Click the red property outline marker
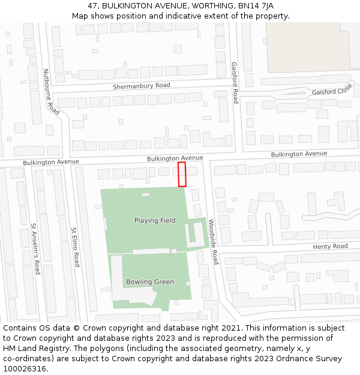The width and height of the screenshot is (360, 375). click(182, 174)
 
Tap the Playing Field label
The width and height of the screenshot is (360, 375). click(155, 221)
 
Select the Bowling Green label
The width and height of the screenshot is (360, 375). click(150, 282)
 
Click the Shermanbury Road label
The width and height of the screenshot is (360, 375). click(142, 86)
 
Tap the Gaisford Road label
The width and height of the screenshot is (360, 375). click(235, 83)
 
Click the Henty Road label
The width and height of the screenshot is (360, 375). click(330, 247)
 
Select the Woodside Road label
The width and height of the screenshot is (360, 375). click(213, 241)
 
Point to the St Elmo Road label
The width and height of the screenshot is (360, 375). click(76, 247)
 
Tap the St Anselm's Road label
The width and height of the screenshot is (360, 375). click(36, 249)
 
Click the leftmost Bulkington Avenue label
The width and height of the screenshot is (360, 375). click(51, 162)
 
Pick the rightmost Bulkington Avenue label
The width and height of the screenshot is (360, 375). click(299, 154)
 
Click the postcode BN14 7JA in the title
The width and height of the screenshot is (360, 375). click(254, 5)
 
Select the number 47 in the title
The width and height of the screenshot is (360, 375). click(93, 5)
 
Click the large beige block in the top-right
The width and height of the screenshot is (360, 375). click(312, 45)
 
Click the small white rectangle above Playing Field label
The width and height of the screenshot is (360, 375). click(145, 195)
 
